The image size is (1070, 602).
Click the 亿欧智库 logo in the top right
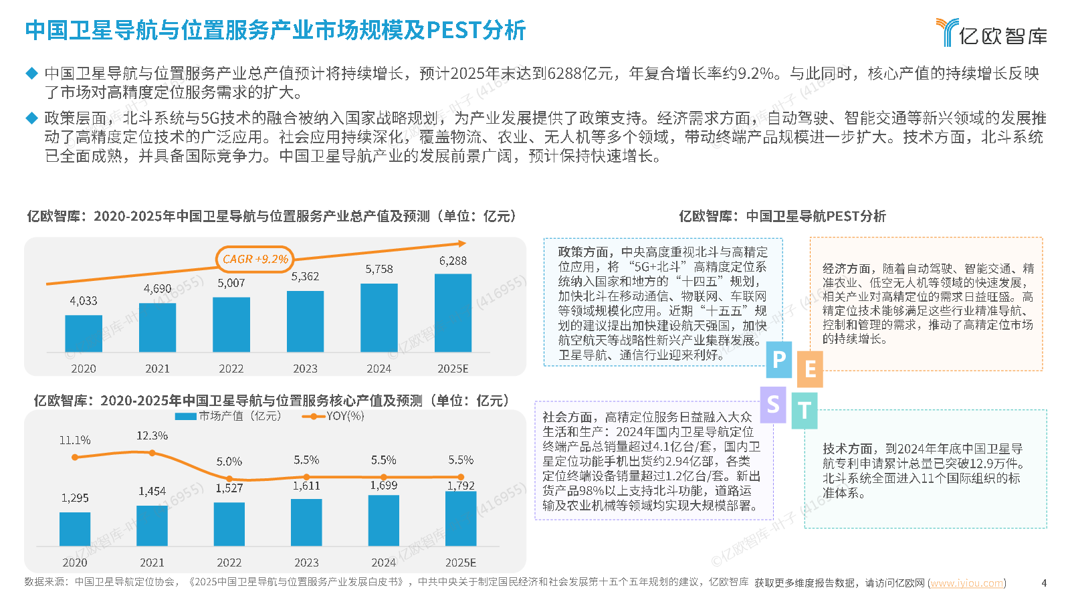[991, 33]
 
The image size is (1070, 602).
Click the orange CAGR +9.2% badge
[255, 259]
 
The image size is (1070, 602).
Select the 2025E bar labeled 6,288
[453, 312]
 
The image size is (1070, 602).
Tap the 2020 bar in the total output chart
[84, 333]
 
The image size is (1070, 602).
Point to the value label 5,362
[305, 276]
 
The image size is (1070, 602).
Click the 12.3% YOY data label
[152, 435]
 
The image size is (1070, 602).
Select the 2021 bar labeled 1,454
[152, 526]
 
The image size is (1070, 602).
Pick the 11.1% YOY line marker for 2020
[75, 458]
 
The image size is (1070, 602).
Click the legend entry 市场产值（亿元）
[228, 416]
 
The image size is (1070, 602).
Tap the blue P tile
[779, 360]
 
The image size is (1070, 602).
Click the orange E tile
[810, 369]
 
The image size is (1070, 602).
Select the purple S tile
[774, 404]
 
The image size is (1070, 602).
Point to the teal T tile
[805, 411]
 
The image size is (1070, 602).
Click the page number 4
[1044, 583]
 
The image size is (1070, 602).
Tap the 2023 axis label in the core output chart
[306, 563]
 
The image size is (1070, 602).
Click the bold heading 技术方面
[847, 448]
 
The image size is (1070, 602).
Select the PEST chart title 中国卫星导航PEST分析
[815, 216]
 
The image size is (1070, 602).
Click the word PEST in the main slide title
[454, 30]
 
